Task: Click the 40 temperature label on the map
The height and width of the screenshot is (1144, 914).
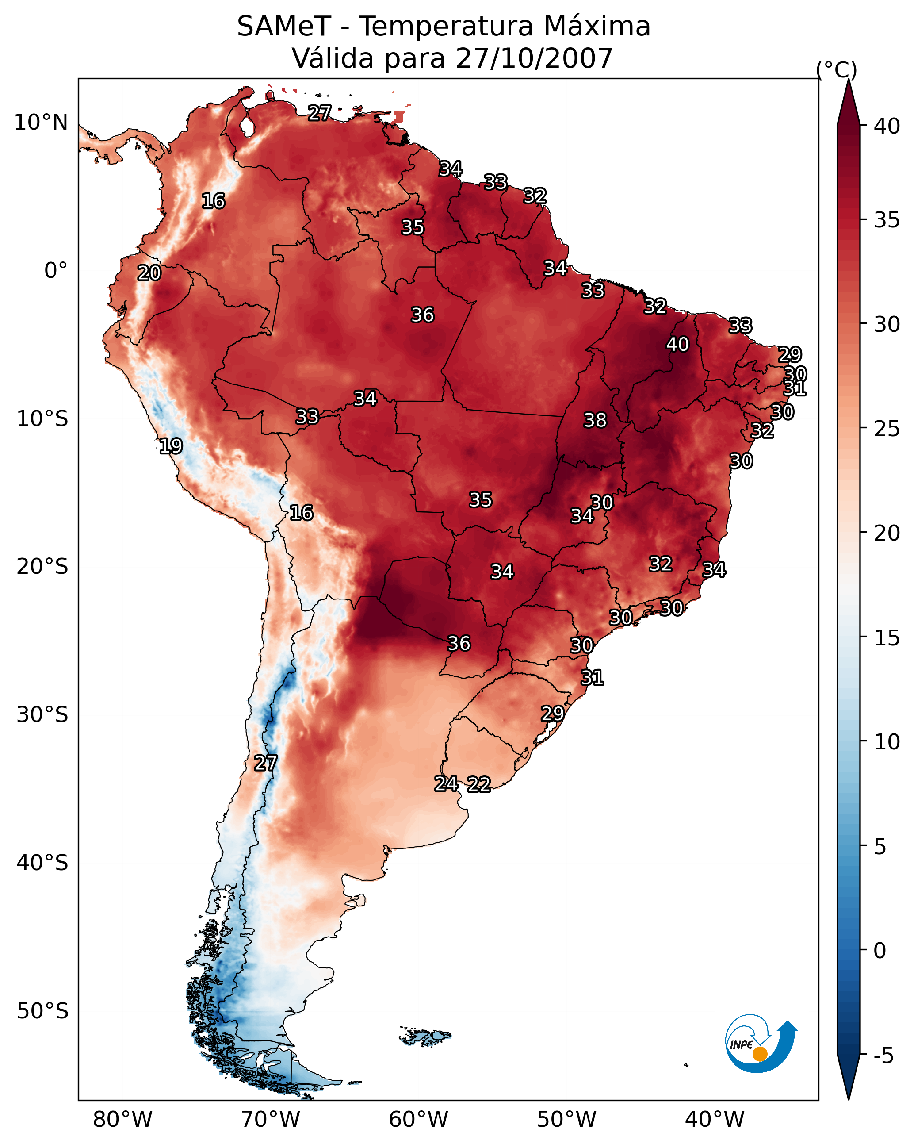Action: click(677, 344)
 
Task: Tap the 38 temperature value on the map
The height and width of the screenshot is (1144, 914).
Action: click(595, 420)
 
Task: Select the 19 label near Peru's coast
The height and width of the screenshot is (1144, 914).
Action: click(171, 446)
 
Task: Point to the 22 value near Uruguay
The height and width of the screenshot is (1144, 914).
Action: click(478, 784)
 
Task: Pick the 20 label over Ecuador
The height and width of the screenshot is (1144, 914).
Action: click(149, 273)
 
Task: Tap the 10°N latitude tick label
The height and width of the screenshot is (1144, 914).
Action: click(41, 123)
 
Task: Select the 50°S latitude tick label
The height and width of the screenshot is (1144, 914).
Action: click(42, 1011)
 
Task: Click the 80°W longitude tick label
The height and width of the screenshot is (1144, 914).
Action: click(122, 1120)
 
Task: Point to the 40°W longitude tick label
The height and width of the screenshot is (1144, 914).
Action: click(715, 1120)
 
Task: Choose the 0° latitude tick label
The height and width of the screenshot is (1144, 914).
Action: click(56, 271)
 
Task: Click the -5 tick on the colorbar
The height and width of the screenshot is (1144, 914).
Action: click(883, 1056)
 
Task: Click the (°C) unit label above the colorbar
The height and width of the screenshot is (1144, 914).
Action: click(836, 69)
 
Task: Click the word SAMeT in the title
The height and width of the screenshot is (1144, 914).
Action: click(284, 27)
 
